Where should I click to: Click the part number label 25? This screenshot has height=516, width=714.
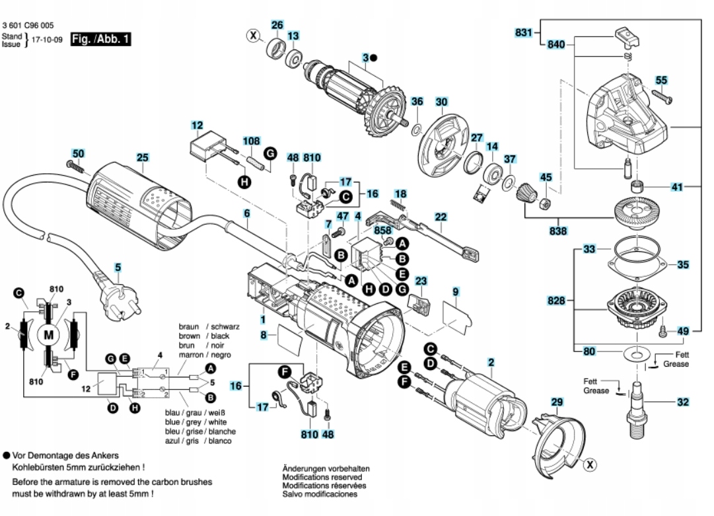click(143, 158)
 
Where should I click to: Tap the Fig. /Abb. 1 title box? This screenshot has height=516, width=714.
click(100, 40)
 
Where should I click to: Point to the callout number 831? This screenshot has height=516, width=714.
click(524, 32)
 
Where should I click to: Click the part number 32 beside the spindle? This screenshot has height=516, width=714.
click(684, 402)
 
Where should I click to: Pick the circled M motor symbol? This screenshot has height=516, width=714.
click(49, 335)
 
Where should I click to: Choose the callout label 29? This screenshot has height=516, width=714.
click(557, 402)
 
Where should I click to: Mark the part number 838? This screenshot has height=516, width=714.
click(558, 233)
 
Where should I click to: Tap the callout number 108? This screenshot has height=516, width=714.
click(252, 141)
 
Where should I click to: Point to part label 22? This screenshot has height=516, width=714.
click(441, 216)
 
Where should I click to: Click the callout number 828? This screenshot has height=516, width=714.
click(557, 301)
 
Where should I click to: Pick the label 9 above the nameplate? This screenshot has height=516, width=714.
click(455, 291)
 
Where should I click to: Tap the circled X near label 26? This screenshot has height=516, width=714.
click(252, 35)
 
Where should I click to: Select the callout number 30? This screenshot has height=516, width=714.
click(441, 102)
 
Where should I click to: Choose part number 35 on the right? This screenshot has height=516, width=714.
click(684, 264)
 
